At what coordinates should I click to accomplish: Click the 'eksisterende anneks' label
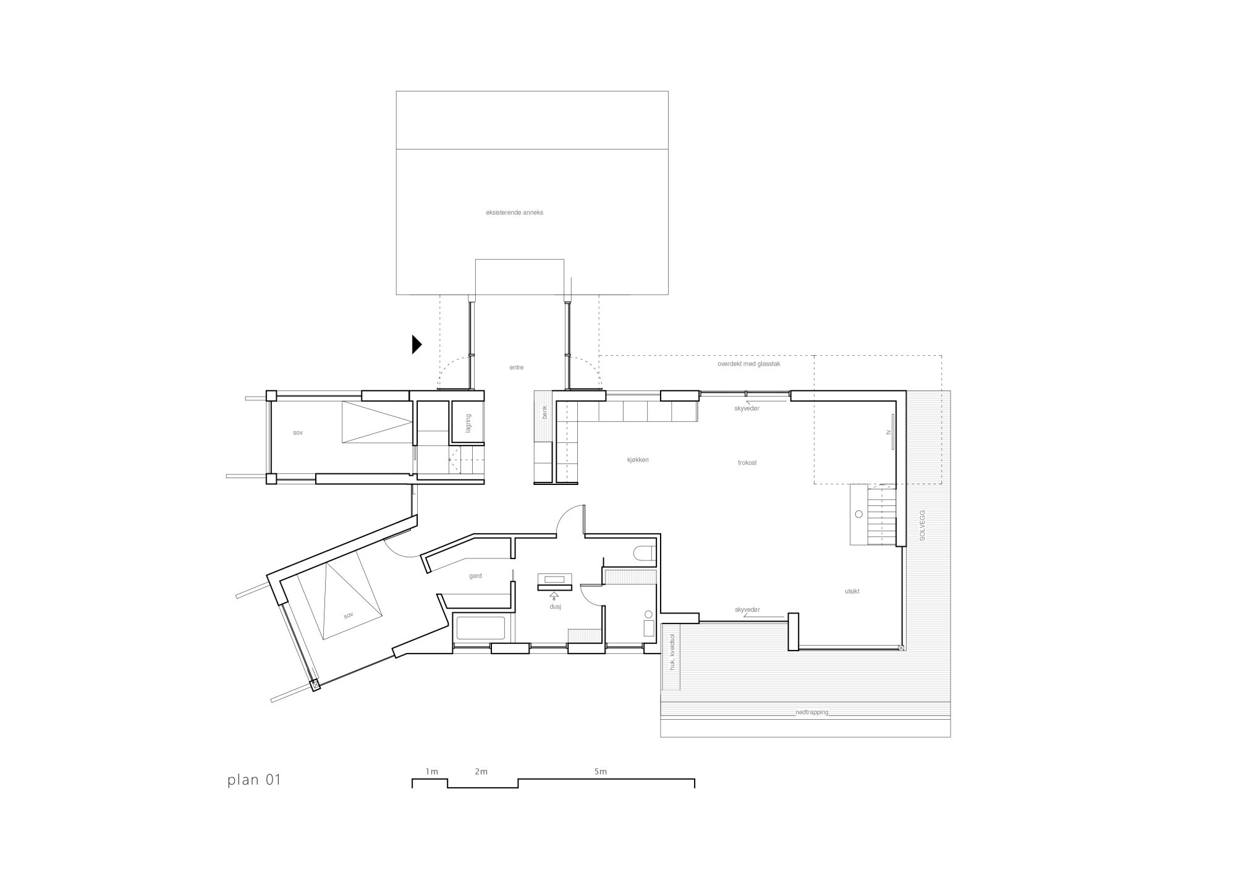coord(514,213)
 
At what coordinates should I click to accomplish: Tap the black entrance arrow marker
coord(417,344)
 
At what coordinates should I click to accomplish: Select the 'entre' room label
coord(516,368)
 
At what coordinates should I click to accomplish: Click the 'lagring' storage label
coord(469,423)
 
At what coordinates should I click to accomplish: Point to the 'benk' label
coord(544,412)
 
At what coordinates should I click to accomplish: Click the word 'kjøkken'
coord(637,460)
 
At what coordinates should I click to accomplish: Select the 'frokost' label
coord(747,463)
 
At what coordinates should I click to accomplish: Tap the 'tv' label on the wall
coord(887,432)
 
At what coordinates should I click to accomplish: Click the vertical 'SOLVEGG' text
coord(922,525)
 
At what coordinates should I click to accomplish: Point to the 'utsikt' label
coord(852,591)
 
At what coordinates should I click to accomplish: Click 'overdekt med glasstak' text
coord(749,365)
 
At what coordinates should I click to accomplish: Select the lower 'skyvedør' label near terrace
coord(747,610)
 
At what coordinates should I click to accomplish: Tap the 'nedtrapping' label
coord(811,712)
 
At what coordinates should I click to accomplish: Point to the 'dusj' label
coord(554,607)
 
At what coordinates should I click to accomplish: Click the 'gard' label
coord(475,576)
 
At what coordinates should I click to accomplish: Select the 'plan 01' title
coord(254,780)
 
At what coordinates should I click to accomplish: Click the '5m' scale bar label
coord(600,772)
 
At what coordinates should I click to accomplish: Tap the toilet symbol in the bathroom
coord(644,552)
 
